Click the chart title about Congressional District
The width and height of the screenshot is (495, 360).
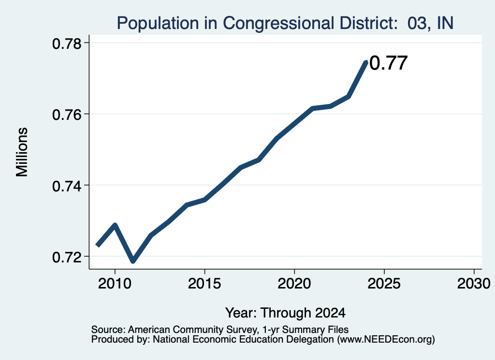pos(285,23)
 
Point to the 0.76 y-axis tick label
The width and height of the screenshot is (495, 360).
pos(67,115)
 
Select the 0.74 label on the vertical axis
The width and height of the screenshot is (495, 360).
pos(67,186)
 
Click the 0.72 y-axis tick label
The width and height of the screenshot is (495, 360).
pos(67,257)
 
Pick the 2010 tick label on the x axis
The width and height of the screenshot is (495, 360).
pos(115,283)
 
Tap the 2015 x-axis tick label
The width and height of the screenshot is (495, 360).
pos(204,283)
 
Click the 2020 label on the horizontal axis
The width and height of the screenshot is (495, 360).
pos(294,283)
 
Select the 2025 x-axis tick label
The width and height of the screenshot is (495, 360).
pos(384,283)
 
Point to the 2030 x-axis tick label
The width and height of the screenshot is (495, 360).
pos(474,283)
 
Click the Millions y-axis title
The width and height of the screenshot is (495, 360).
pos(22,152)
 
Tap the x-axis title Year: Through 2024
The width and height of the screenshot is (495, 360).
pos(285,313)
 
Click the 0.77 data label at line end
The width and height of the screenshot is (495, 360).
pos(388,63)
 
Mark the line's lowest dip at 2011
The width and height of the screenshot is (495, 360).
pos(133,261)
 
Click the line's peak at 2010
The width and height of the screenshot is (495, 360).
pos(115,225)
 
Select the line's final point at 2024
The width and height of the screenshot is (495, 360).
pos(366,62)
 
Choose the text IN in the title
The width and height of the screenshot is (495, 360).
pos(445,23)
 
